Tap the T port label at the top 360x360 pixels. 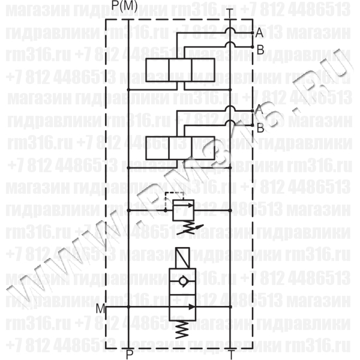[x=232, y=11]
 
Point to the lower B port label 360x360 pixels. [x=260, y=127]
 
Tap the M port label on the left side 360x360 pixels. [x=101, y=308]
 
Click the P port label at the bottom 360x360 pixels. [x=129, y=354]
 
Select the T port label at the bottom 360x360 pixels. [x=232, y=354]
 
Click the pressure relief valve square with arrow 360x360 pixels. [x=181, y=210]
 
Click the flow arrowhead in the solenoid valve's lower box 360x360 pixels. [x=188, y=306]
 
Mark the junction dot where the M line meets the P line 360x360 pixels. [x=129, y=306]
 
